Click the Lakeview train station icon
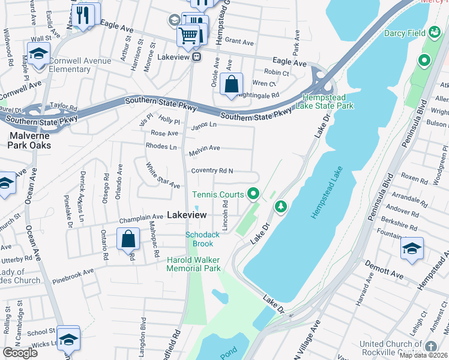[196, 58]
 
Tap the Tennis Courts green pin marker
[253, 193]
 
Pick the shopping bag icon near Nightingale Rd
[231, 85]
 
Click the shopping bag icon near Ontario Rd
[128, 239]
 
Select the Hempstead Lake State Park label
[328, 101]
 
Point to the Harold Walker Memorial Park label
[193, 264]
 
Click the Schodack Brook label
[199, 239]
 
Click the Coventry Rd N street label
[212, 171]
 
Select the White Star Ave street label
[163, 175]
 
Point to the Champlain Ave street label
[140, 217]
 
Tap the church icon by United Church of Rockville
[430, 346]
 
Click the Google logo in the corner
[20, 353]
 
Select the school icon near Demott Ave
[412, 250]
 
